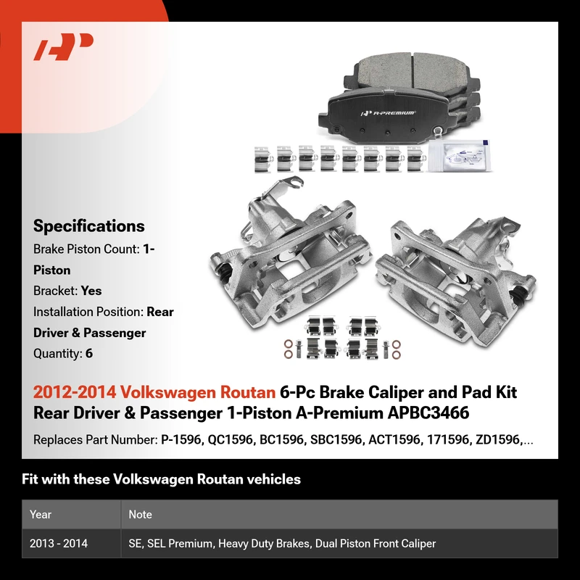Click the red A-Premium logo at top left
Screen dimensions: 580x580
point(63,46)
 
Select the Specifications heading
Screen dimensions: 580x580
point(88,226)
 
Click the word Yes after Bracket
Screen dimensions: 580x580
point(91,291)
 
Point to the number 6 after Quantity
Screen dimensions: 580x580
point(89,354)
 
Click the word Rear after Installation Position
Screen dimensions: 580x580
point(160,312)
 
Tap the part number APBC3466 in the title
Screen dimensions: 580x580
point(428,413)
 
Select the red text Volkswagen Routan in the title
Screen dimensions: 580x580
point(197,392)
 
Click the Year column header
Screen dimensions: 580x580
point(41,514)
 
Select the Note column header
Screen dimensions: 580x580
point(140,514)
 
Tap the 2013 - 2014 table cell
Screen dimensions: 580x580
point(59,543)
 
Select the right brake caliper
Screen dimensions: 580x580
point(457,281)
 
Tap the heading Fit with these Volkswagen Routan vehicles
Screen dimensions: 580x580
point(161,479)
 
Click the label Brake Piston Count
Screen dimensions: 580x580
point(86,249)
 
